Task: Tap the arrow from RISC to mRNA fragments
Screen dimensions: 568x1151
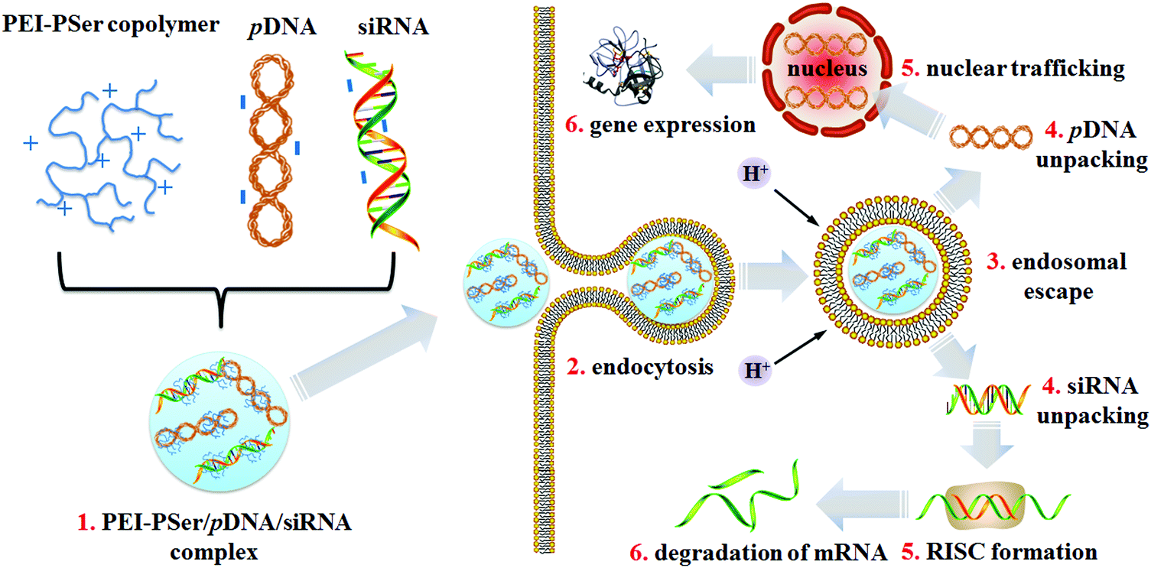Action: coord(864,508)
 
